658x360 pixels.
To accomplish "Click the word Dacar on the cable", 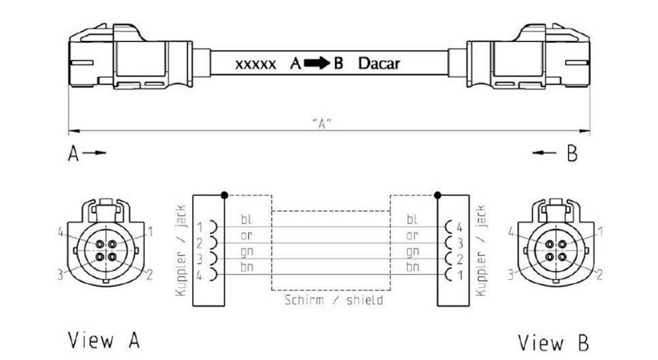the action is [379, 63].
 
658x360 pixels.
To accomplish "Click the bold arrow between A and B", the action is [317, 63].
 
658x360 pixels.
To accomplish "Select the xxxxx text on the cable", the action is [256, 64].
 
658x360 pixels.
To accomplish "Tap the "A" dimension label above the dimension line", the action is [322, 124].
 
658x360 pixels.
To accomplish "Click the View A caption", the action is [103, 340].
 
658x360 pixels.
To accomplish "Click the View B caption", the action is [553, 342].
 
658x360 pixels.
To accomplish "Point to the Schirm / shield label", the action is [334, 300].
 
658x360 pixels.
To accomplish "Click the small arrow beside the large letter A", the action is [94, 153].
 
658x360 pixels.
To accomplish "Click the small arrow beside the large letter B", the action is [544, 153].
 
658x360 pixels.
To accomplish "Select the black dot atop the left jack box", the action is [225, 195].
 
